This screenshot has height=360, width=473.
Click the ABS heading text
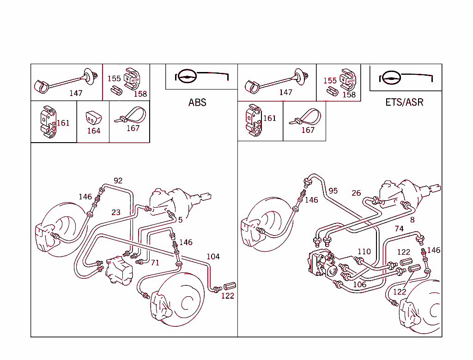[x=197, y=102]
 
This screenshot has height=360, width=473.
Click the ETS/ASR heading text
[x=404, y=102]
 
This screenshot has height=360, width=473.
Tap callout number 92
[x=118, y=180]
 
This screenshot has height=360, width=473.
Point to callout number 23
[x=115, y=212]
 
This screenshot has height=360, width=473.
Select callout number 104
[x=213, y=257]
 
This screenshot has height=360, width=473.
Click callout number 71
[x=155, y=263]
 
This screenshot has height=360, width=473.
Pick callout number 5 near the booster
[x=180, y=220]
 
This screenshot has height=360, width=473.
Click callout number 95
[x=333, y=190]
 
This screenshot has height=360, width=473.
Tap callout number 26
[x=356, y=193]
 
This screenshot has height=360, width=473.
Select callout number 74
[x=399, y=228]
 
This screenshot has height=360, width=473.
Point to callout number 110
[x=364, y=252]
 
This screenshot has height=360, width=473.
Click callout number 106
[x=359, y=284]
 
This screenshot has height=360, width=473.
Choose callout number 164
[x=94, y=131]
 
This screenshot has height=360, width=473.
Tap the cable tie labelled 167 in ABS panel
[x=130, y=115]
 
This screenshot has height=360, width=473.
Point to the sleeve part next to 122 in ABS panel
[x=230, y=286]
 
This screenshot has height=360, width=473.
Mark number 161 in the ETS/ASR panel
[x=269, y=118]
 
